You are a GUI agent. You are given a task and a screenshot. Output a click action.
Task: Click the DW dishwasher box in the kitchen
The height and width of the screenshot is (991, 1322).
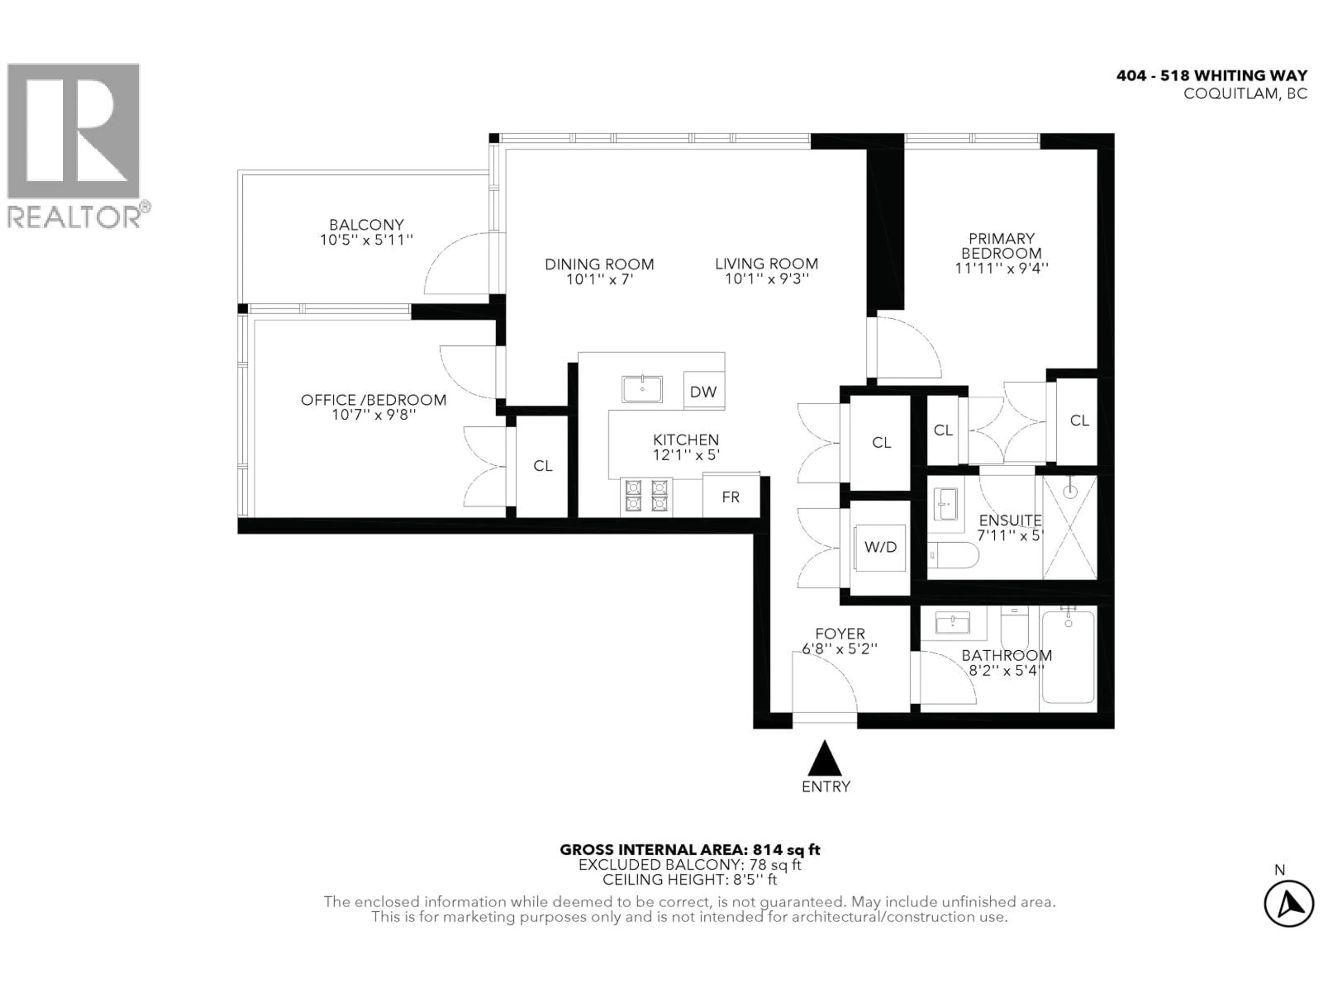(703, 391)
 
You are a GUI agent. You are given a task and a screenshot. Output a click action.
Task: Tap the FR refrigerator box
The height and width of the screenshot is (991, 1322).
(730, 497)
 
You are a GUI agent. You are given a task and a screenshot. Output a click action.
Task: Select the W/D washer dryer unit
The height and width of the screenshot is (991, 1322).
(880, 547)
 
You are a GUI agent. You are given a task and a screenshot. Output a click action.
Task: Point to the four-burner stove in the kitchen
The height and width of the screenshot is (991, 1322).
(646, 496)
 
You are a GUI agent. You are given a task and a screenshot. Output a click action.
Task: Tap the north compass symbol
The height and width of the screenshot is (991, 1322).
(1289, 904)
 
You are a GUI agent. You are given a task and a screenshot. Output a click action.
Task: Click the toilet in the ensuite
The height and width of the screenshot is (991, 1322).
(953, 555)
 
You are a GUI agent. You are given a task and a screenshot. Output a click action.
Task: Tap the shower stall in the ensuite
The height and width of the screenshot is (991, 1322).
(1069, 527)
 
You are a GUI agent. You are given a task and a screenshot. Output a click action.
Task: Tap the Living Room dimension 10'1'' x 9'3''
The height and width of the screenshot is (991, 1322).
(767, 279)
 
